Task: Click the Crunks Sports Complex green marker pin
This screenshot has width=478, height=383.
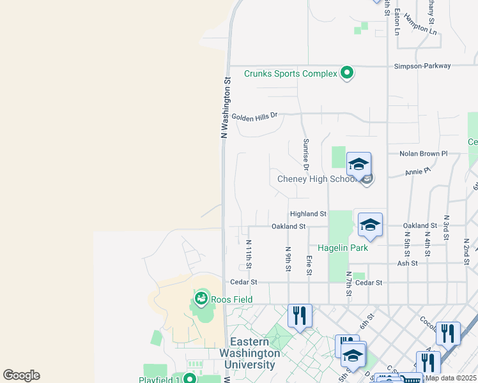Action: click(x=347, y=73)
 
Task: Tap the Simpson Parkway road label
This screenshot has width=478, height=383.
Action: click(x=422, y=66)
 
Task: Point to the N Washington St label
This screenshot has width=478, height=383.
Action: click(x=225, y=108)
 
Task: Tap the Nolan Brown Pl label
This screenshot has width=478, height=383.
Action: click(x=423, y=154)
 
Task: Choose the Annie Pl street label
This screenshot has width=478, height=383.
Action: click(x=419, y=171)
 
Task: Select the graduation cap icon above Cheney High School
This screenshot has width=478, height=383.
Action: click(x=358, y=164)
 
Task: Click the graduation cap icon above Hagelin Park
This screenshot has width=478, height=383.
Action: click(x=370, y=225)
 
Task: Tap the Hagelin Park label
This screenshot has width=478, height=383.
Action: click(x=343, y=248)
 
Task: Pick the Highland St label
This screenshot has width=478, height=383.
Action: click(x=308, y=214)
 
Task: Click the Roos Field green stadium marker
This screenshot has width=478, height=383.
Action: click(x=201, y=298)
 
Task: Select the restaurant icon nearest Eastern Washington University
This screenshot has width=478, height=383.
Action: click(x=299, y=315)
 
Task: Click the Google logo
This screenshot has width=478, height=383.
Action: click(x=22, y=375)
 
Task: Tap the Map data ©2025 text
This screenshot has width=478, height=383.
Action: click(x=451, y=378)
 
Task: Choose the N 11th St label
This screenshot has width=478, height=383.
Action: click(x=249, y=254)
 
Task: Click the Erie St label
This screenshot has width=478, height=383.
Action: click(x=309, y=265)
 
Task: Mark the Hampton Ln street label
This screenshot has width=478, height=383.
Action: click(x=424, y=28)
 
